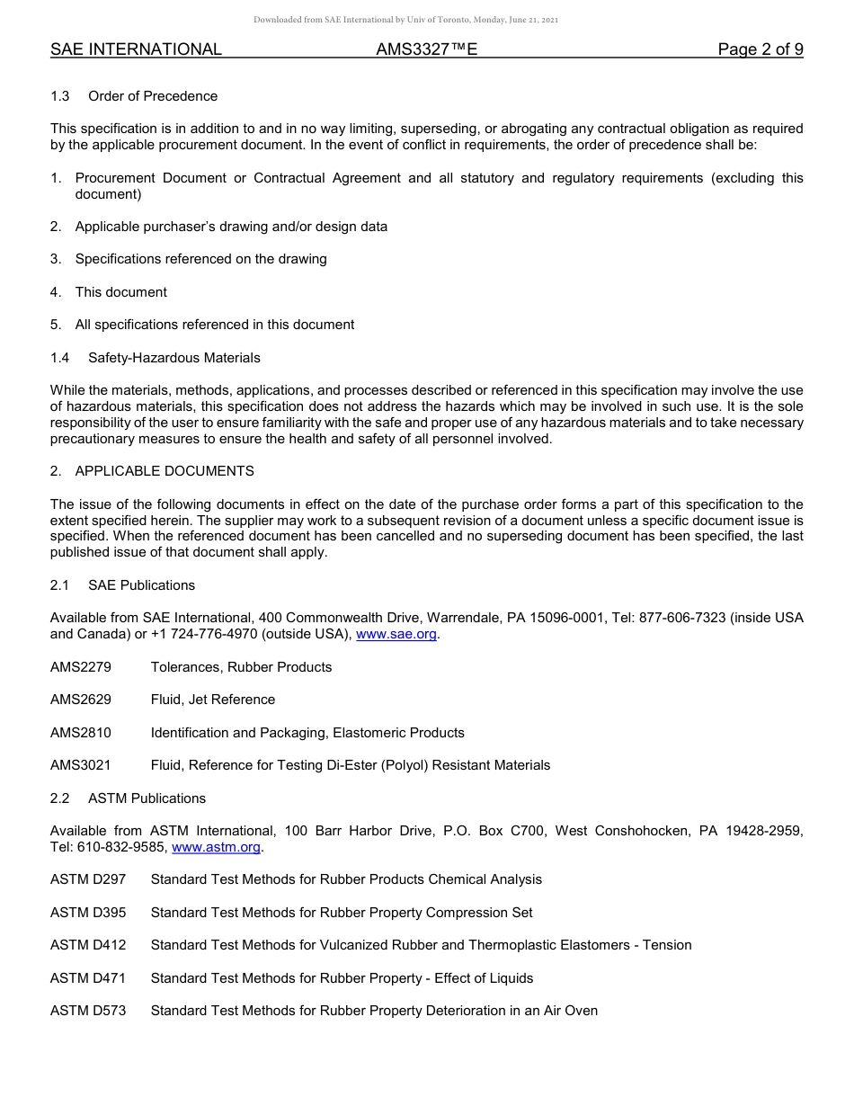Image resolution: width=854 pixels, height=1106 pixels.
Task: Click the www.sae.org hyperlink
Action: coord(396,634)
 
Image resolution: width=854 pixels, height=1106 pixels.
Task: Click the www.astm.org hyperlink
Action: coord(216,847)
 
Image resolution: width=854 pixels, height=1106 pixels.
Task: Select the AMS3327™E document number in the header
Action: coord(426,49)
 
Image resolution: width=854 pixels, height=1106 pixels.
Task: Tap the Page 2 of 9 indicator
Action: coord(760,49)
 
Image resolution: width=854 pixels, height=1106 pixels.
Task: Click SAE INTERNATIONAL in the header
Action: coord(136,49)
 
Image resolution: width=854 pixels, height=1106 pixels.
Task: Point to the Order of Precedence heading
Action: coord(153,96)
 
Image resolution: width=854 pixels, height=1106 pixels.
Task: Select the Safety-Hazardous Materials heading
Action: coord(173,358)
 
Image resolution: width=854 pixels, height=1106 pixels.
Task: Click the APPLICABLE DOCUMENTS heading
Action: coord(165,471)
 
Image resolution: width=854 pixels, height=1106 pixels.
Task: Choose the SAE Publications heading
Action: coord(141,585)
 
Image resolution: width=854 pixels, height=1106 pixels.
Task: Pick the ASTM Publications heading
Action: coord(147,798)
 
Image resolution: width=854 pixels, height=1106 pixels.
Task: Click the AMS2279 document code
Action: coord(81,667)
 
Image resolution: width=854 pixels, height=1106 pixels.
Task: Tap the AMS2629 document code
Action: coord(81,700)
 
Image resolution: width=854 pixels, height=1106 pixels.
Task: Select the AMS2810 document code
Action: coord(81,733)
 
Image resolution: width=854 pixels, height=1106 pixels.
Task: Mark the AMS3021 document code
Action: coord(81,765)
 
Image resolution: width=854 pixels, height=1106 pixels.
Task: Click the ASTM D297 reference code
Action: coord(88,879)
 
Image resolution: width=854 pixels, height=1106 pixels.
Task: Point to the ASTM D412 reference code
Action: coord(88,945)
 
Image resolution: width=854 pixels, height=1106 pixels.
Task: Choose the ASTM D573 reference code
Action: coord(88,1011)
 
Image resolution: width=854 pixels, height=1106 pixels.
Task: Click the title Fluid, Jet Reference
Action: coord(213,700)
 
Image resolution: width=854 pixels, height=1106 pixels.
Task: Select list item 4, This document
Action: coord(120,292)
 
